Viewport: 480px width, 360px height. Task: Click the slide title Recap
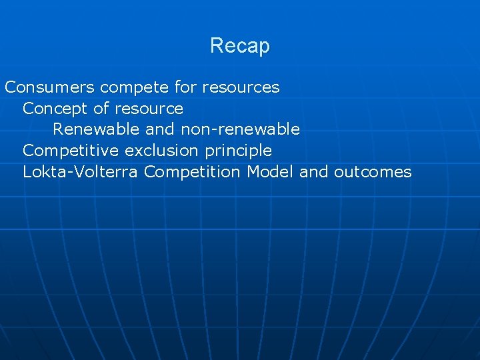[239, 46]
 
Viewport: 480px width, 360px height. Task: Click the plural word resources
[241, 87]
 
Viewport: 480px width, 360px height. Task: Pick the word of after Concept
[103, 109]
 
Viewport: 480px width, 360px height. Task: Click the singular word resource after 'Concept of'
[149, 109]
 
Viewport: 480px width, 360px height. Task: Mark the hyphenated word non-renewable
[240, 129]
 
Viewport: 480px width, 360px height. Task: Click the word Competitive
[71, 151]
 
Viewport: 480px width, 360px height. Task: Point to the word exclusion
[162, 151]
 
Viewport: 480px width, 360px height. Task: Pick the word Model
[271, 172]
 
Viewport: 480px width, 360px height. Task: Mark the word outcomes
[373, 172]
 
